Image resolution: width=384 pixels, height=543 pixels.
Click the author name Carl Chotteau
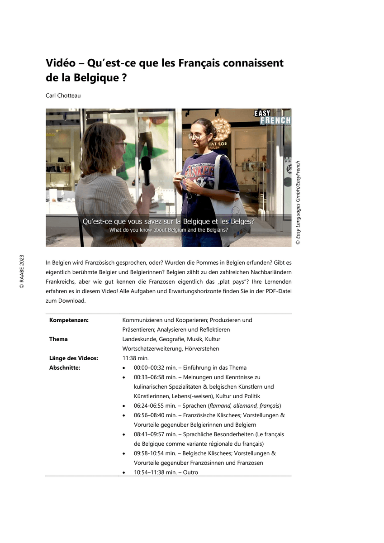(x=64, y=96)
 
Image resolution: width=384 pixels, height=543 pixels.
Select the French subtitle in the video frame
(x=168, y=222)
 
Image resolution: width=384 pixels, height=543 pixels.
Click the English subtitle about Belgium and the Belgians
(x=168, y=230)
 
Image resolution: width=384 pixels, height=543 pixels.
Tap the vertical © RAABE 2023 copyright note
(x=22, y=271)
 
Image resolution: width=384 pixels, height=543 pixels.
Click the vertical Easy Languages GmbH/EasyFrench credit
(x=298, y=203)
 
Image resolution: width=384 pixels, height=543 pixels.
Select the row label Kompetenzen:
(x=69, y=320)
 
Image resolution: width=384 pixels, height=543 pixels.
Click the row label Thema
(x=58, y=339)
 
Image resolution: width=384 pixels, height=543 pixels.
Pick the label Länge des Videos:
(x=73, y=358)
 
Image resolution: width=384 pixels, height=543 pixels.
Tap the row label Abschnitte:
(x=65, y=367)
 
